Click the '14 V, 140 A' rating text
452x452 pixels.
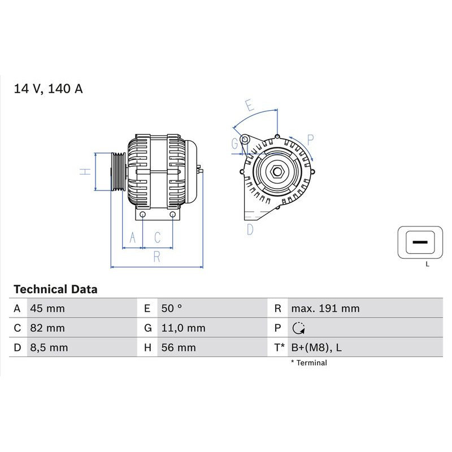49,89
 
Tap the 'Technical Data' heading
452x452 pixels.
55,289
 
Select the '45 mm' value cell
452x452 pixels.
47,308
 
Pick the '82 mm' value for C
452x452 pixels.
47,328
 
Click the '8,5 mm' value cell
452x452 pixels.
49,347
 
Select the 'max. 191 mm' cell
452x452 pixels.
325,308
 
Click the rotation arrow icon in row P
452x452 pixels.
299,328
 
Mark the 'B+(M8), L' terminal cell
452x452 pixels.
316,347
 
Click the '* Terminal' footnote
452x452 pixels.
309,363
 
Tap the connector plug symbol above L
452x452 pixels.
420,242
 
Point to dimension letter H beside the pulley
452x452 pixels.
85,171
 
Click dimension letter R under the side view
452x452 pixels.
157,257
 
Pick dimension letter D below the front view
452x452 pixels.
250,229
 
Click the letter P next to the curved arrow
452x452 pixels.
310,139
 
